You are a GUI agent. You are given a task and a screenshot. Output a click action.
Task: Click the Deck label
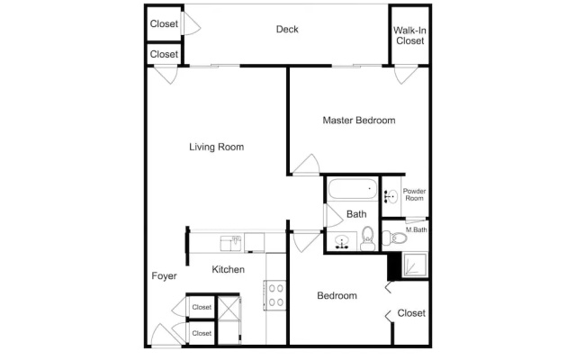tap(287, 30)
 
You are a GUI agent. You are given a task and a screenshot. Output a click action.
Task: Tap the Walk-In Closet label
tap(410, 36)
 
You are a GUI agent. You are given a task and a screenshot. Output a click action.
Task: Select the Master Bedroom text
tap(359, 121)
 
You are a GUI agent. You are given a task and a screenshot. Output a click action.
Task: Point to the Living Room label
tap(216, 147)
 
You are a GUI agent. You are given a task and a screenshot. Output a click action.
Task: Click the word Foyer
tap(164, 276)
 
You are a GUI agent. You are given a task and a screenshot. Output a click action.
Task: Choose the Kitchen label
tap(228, 270)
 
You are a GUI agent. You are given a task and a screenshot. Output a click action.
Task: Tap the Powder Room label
tap(414, 194)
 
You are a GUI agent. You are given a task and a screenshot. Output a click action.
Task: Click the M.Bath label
tap(416, 230)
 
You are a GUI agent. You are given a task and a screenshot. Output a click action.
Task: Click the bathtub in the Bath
tap(353, 189)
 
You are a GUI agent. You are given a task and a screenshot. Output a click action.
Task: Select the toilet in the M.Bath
tap(394, 238)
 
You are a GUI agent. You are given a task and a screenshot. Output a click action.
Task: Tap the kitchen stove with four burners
tap(275, 295)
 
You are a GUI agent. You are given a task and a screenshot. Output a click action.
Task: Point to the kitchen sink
tap(230, 243)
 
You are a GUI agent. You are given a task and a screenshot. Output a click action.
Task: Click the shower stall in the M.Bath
tap(416, 265)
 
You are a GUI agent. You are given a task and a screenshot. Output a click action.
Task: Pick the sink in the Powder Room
tap(391, 196)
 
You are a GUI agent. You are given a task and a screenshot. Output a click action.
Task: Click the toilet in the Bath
tap(367, 238)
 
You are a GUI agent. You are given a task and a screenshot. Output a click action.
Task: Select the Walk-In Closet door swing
tap(406, 75)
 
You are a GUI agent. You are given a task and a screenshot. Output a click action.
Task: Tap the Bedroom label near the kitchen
tap(337, 296)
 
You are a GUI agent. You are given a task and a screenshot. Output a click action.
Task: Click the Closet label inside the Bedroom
tap(411, 313)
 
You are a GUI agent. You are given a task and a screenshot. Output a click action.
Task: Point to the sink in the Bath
tap(342, 242)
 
